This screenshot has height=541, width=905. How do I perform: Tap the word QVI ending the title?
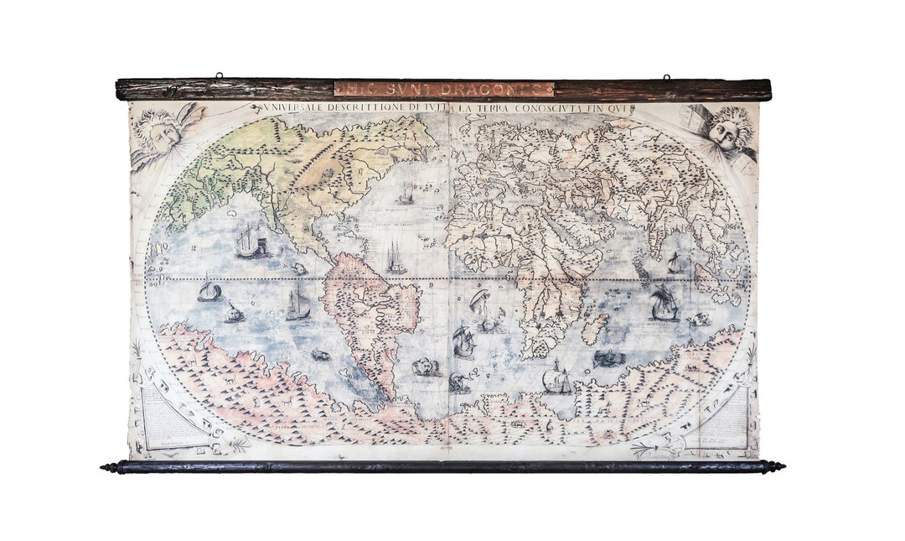622,108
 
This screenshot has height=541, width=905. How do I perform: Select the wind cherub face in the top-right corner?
725,130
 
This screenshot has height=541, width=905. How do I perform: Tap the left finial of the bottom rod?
109,467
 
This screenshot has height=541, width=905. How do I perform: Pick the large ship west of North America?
250,242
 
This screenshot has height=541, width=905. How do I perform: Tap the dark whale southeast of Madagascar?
609,358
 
